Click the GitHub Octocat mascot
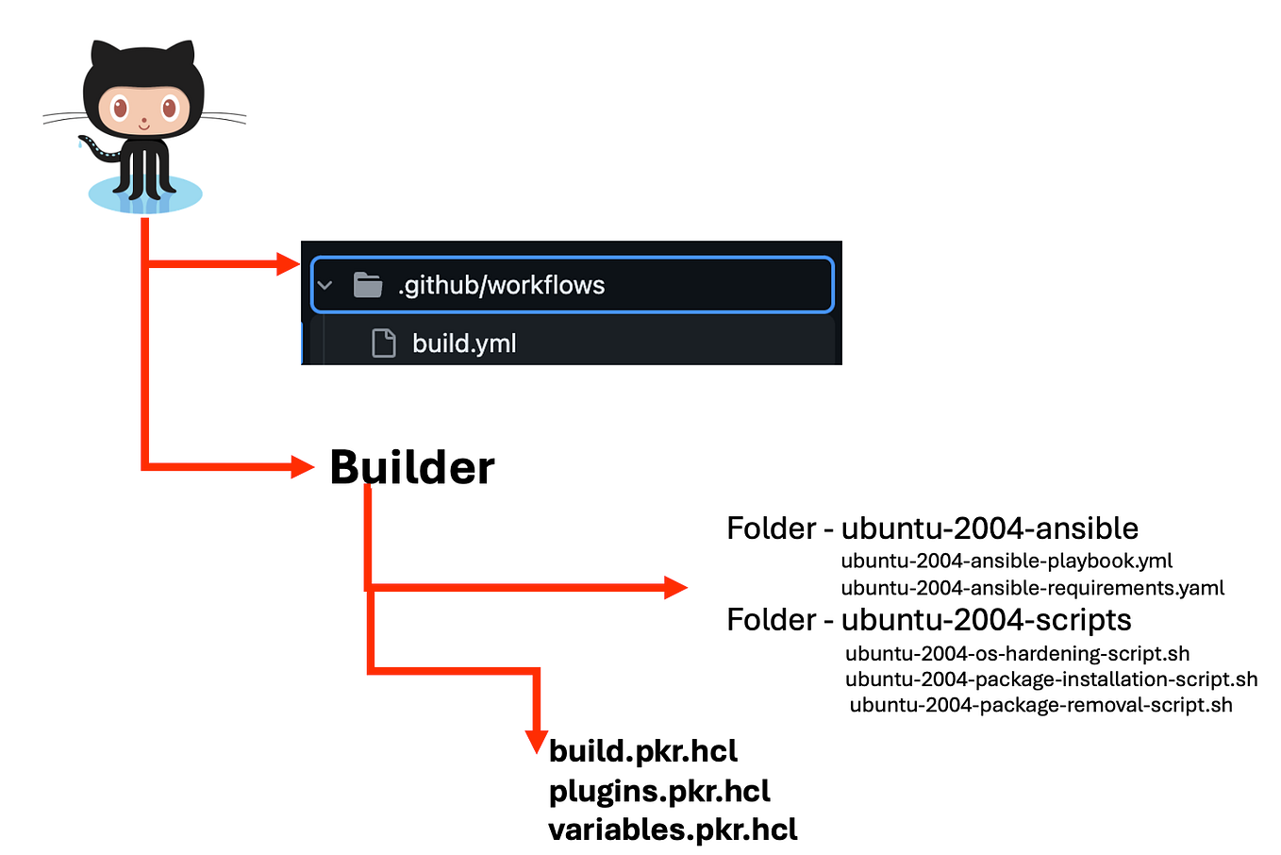point(143,123)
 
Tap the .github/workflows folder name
point(501,285)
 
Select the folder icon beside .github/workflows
point(367,284)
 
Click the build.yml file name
point(464,344)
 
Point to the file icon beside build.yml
point(384,344)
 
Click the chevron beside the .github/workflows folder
point(325,285)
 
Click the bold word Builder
point(412,467)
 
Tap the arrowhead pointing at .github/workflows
point(288,263)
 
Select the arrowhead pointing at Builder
point(302,466)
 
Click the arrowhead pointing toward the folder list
point(675,587)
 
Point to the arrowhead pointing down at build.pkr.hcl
point(536,741)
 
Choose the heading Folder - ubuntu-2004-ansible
point(932,528)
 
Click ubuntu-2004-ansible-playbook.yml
point(1006,561)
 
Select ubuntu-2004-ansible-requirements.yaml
point(1032,588)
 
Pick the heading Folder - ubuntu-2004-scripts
point(928,620)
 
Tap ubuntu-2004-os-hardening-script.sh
point(1017,653)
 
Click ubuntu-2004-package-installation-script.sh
point(1051,679)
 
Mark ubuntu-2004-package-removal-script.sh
point(1040,705)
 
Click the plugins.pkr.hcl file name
point(659,791)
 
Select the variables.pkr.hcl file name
point(673,830)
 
